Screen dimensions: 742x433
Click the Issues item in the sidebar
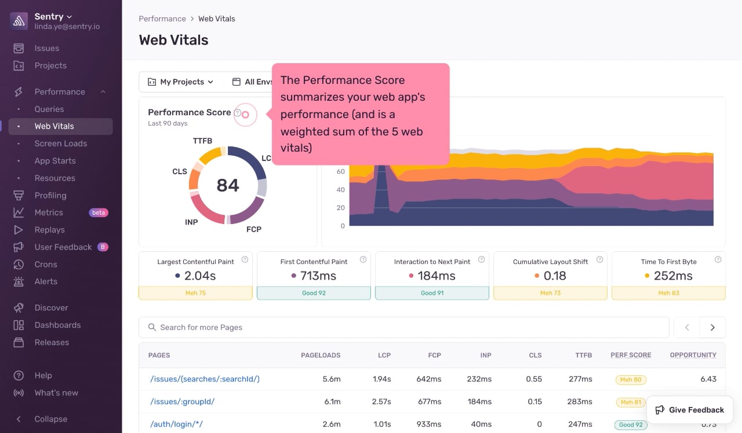(47, 48)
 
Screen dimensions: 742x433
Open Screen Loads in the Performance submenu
(61, 144)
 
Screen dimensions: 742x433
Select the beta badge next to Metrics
(99, 212)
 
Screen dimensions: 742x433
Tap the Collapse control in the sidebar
(50, 419)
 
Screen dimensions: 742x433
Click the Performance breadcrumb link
(162, 19)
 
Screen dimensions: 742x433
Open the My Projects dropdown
(181, 82)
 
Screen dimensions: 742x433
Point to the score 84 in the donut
(228, 185)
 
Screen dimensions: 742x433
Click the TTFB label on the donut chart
(202, 141)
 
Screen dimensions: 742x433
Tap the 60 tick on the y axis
(340, 171)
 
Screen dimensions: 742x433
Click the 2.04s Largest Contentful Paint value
(200, 276)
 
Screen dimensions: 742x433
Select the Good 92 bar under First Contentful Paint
(314, 293)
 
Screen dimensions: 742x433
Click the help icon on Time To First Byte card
(718, 260)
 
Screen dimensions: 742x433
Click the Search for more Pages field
(404, 328)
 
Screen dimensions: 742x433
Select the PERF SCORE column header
(631, 355)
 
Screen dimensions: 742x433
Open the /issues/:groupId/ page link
(183, 402)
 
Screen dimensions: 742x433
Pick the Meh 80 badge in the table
(631, 380)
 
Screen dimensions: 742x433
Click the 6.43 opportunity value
(708, 379)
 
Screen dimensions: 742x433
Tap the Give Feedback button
(690, 410)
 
